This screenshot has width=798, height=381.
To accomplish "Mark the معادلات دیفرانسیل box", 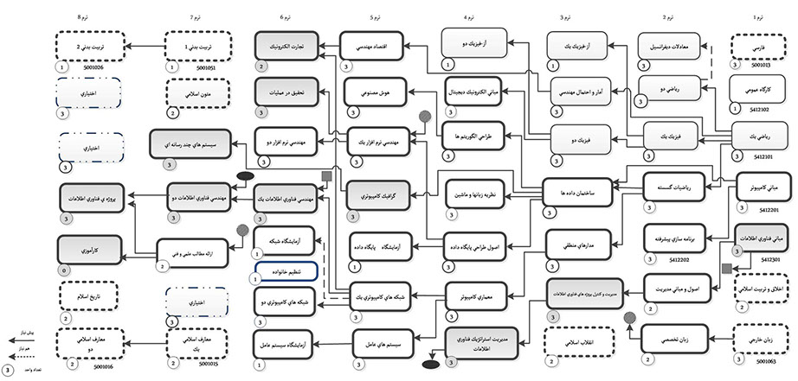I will click(667, 45).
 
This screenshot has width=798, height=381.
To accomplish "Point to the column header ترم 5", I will click(373, 16).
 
